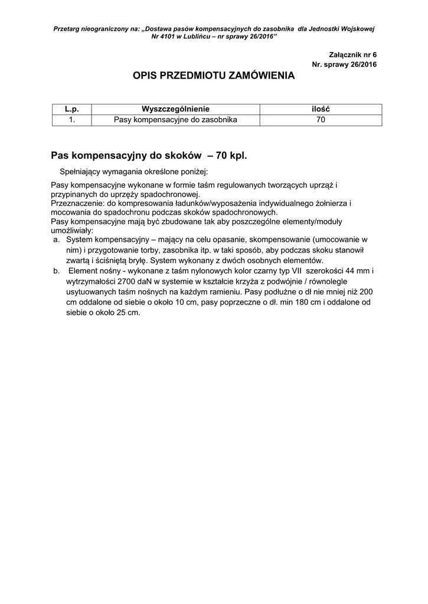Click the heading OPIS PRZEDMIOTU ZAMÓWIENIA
pyautogui.click(x=214, y=76)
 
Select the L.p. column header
pyautogui.click(x=71, y=109)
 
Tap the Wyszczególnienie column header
pyautogui.click(x=175, y=109)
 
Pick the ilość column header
pyautogui.click(x=321, y=109)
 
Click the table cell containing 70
pyautogui.click(x=321, y=120)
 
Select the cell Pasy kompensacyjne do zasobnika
pyautogui.click(x=175, y=120)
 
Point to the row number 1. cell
pyautogui.click(x=71, y=120)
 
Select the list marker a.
pyautogui.click(x=56, y=241)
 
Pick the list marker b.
pyautogui.click(x=56, y=271)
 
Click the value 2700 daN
pyautogui.click(x=135, y=281)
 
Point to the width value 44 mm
pyautogui.click(x=364, y=271)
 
